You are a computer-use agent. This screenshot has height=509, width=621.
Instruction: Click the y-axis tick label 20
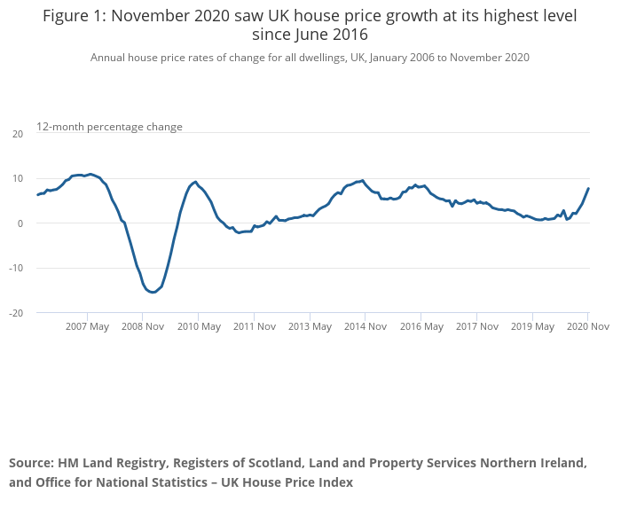(x=18, y=134)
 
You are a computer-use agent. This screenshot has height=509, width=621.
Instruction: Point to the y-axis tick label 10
(x=18, y=178)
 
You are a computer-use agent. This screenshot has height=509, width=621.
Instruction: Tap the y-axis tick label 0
(x=20, y=223)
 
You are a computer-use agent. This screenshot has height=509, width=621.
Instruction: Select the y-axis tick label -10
(x=16, y=268)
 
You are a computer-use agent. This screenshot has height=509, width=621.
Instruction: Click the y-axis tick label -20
(x=16, y=313)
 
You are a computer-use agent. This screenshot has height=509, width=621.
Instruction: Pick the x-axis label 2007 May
(x=87, y=326)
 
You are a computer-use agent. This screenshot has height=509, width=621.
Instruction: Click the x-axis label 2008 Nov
(x=143, y=326)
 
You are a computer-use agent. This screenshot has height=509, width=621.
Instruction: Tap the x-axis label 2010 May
(x=199, y=326)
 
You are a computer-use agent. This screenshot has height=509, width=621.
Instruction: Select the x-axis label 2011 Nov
(x=254, y=326)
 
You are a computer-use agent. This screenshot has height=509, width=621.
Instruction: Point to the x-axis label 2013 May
(x=310, y=326)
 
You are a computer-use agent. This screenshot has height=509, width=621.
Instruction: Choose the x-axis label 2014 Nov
(x=366, y=326)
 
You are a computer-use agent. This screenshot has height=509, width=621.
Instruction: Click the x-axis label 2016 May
(x=421, y=326)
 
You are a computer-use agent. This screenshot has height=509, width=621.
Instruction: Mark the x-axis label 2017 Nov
(x=476, y=326)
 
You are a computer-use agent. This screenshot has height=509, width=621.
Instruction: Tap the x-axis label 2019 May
(x=532, y=326)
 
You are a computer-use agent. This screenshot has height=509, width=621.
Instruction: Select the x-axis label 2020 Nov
(x=587, y=326)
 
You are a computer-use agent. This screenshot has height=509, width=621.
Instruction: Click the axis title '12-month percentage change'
(x=109, y=127)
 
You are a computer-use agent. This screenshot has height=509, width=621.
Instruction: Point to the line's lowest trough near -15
(x=153, y=292)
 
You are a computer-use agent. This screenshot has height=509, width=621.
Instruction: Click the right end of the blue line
(x=588, y=188)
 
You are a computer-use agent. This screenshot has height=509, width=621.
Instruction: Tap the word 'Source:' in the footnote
(x=31, y=463)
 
